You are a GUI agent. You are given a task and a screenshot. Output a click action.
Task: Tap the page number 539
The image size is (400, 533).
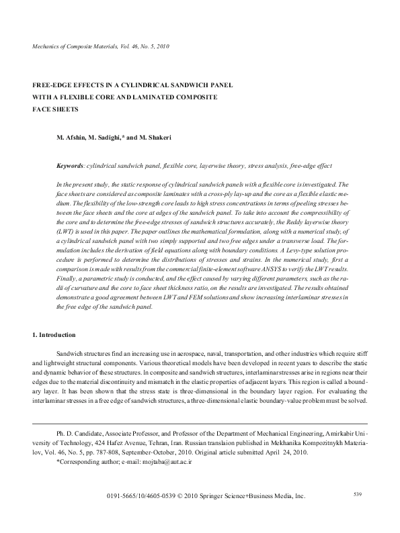click(x=358, y=495)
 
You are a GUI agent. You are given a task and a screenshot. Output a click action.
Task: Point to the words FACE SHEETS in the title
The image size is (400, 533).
click(x=56, y=109)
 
